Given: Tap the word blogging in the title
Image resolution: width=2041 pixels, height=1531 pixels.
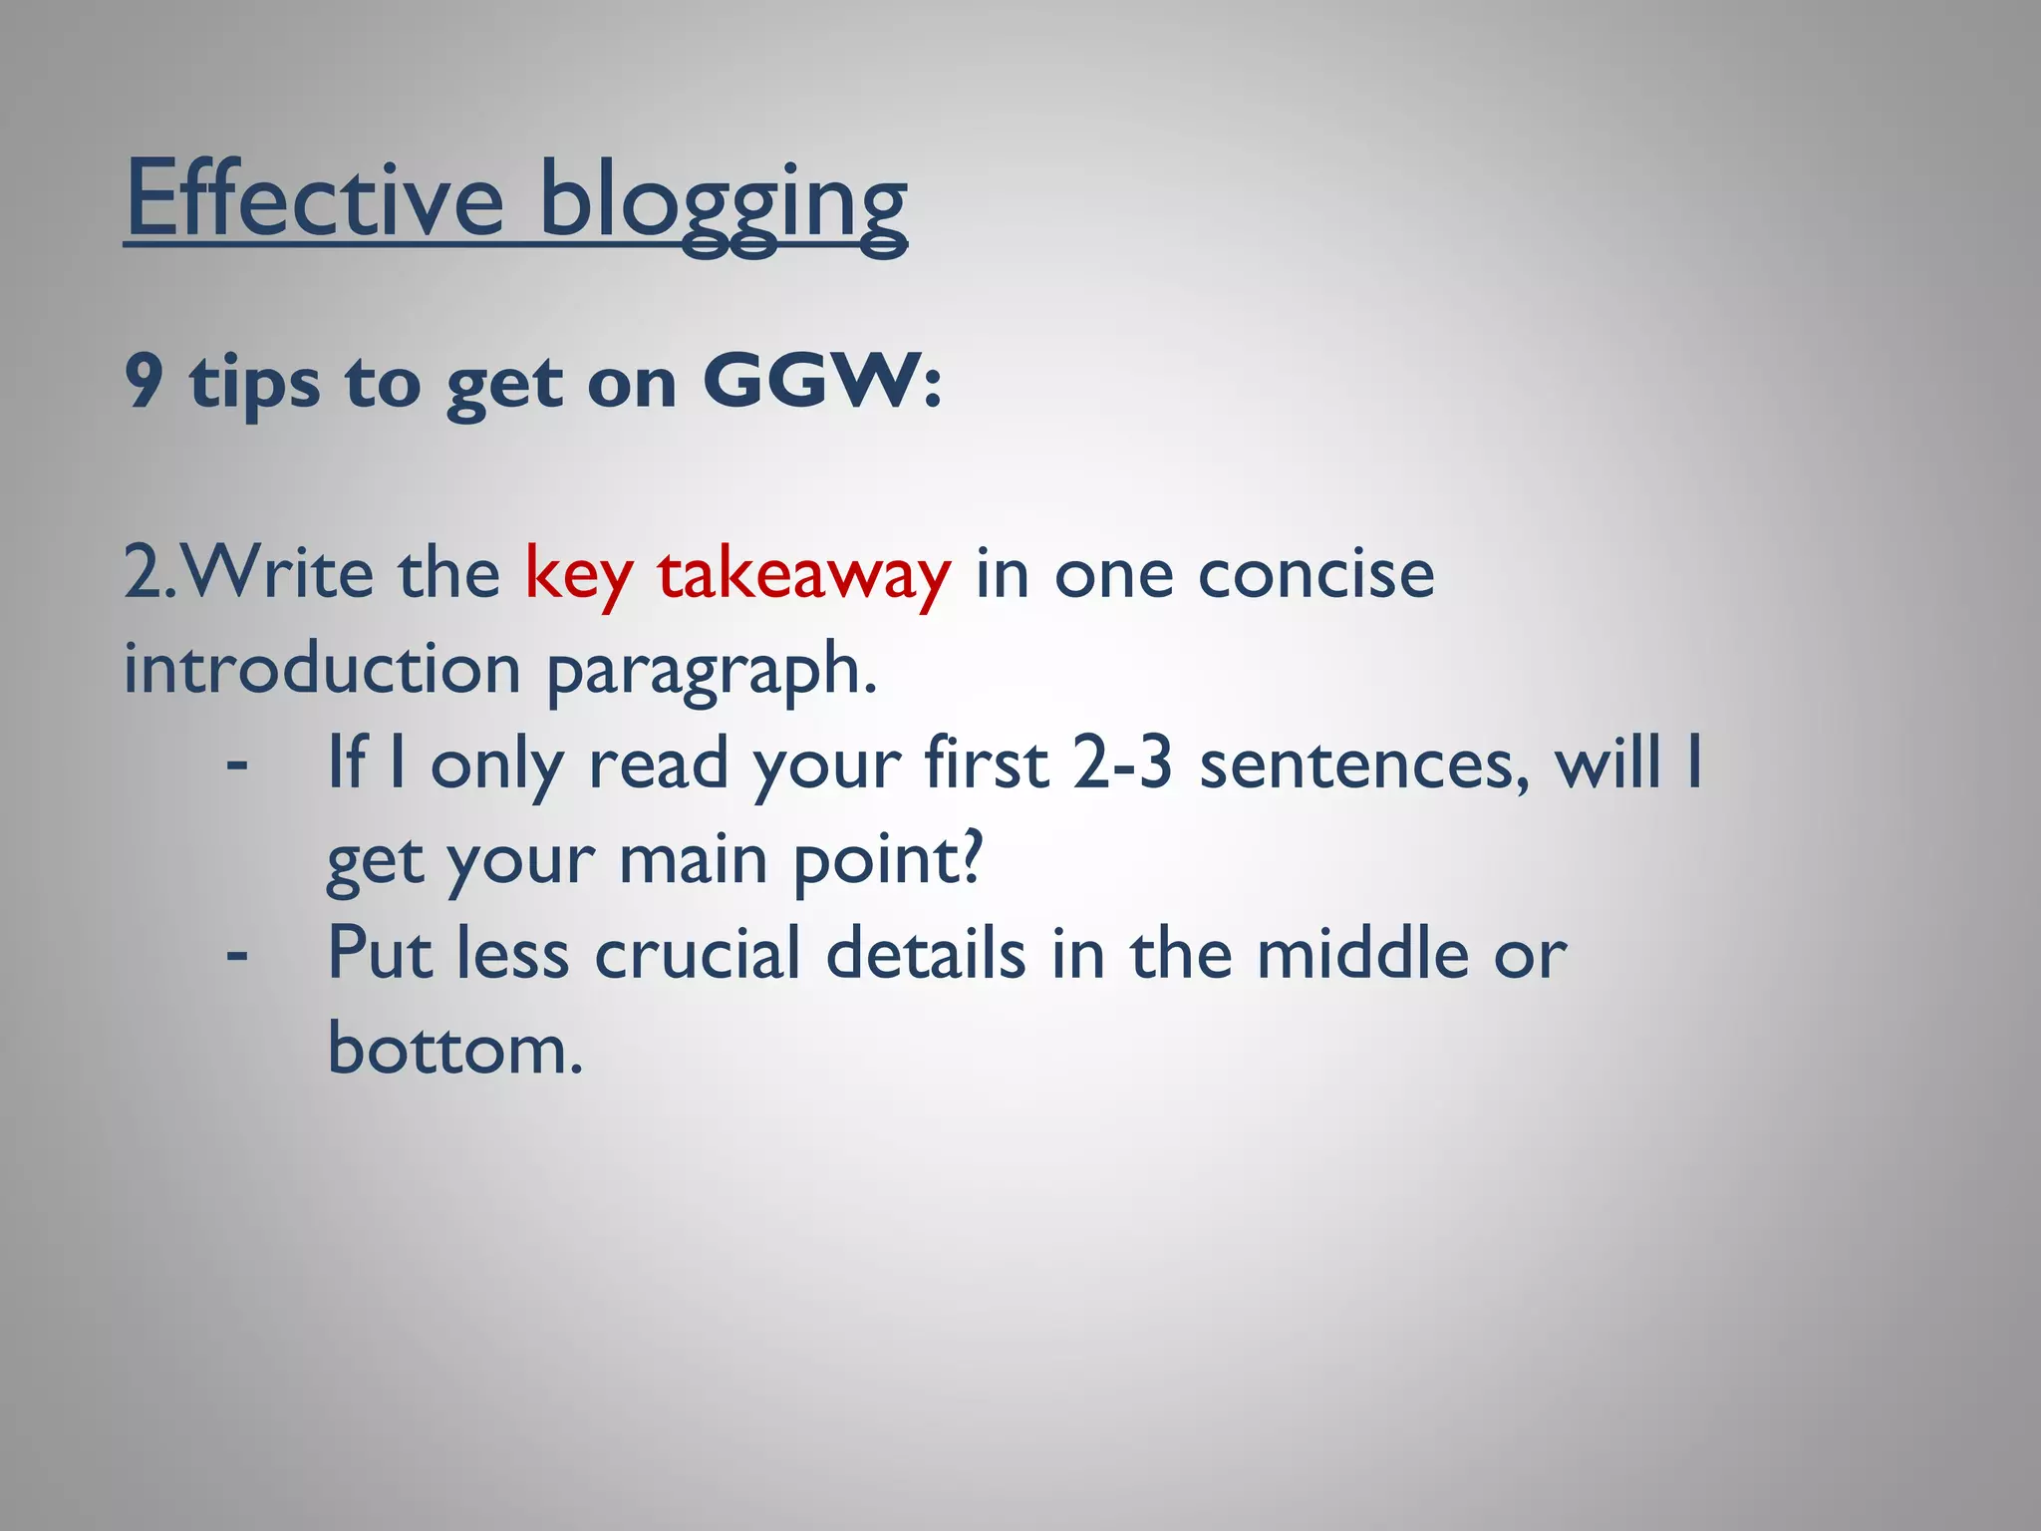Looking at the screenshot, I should pyautogui.click(x=723, y=203).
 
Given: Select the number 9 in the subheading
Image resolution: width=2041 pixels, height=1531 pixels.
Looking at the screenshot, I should pyautogui.click(x=144, y=381).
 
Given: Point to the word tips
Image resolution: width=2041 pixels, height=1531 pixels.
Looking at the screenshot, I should pyautogui.click(x=255, y=383).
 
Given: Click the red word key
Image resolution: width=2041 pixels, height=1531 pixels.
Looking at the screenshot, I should pyautogui.click(x=578, y=576).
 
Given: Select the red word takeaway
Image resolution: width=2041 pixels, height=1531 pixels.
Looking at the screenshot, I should pyautogui.click(x=803, y=576).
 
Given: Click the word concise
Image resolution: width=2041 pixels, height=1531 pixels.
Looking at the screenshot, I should pyautogui.click(x=1315, y=575).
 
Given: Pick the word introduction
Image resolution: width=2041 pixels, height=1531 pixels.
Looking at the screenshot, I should pyautogui.click(x=322, y=669).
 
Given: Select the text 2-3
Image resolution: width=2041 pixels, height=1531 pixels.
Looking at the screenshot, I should pyautogui.click(x=1121, y=764).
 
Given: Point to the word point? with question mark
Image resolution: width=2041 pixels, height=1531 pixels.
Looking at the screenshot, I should pyautogui.click(x=887, y=859).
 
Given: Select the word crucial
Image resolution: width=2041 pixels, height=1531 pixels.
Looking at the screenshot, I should pyautogui.click(x=697, y=954).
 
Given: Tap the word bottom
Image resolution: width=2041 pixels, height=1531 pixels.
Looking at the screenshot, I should pyautogui.click(x=454, y=1049).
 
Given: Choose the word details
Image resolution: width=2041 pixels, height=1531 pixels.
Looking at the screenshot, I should pyautogui.click(x=926, y=954).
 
